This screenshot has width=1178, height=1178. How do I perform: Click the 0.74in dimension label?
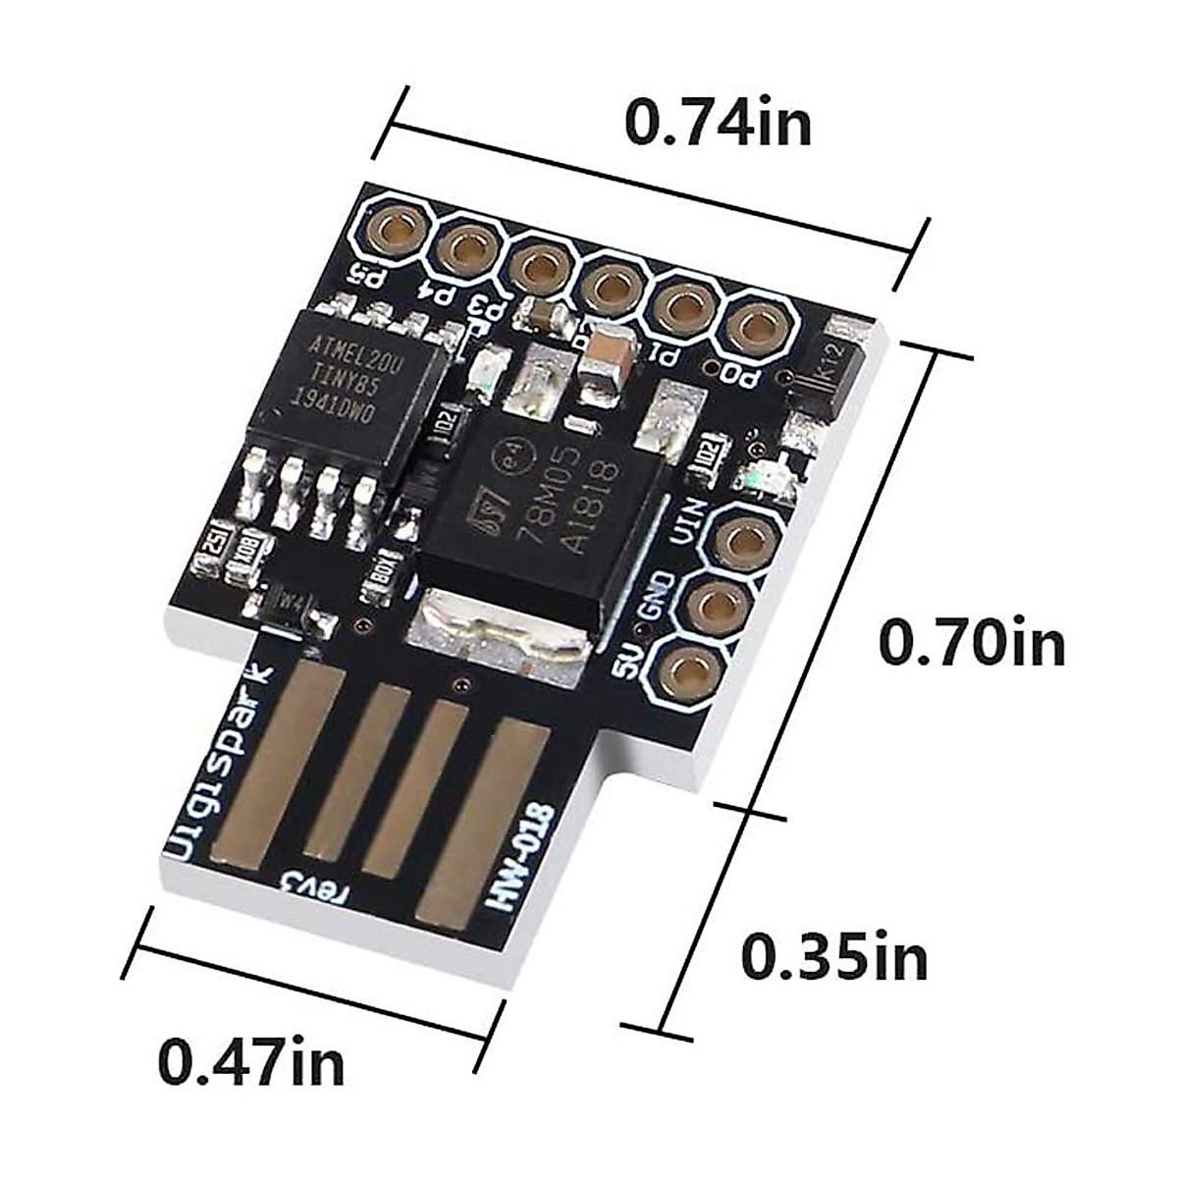click(x=720, y=124)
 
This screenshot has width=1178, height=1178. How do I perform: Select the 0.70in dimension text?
click(x=971, y=643)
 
